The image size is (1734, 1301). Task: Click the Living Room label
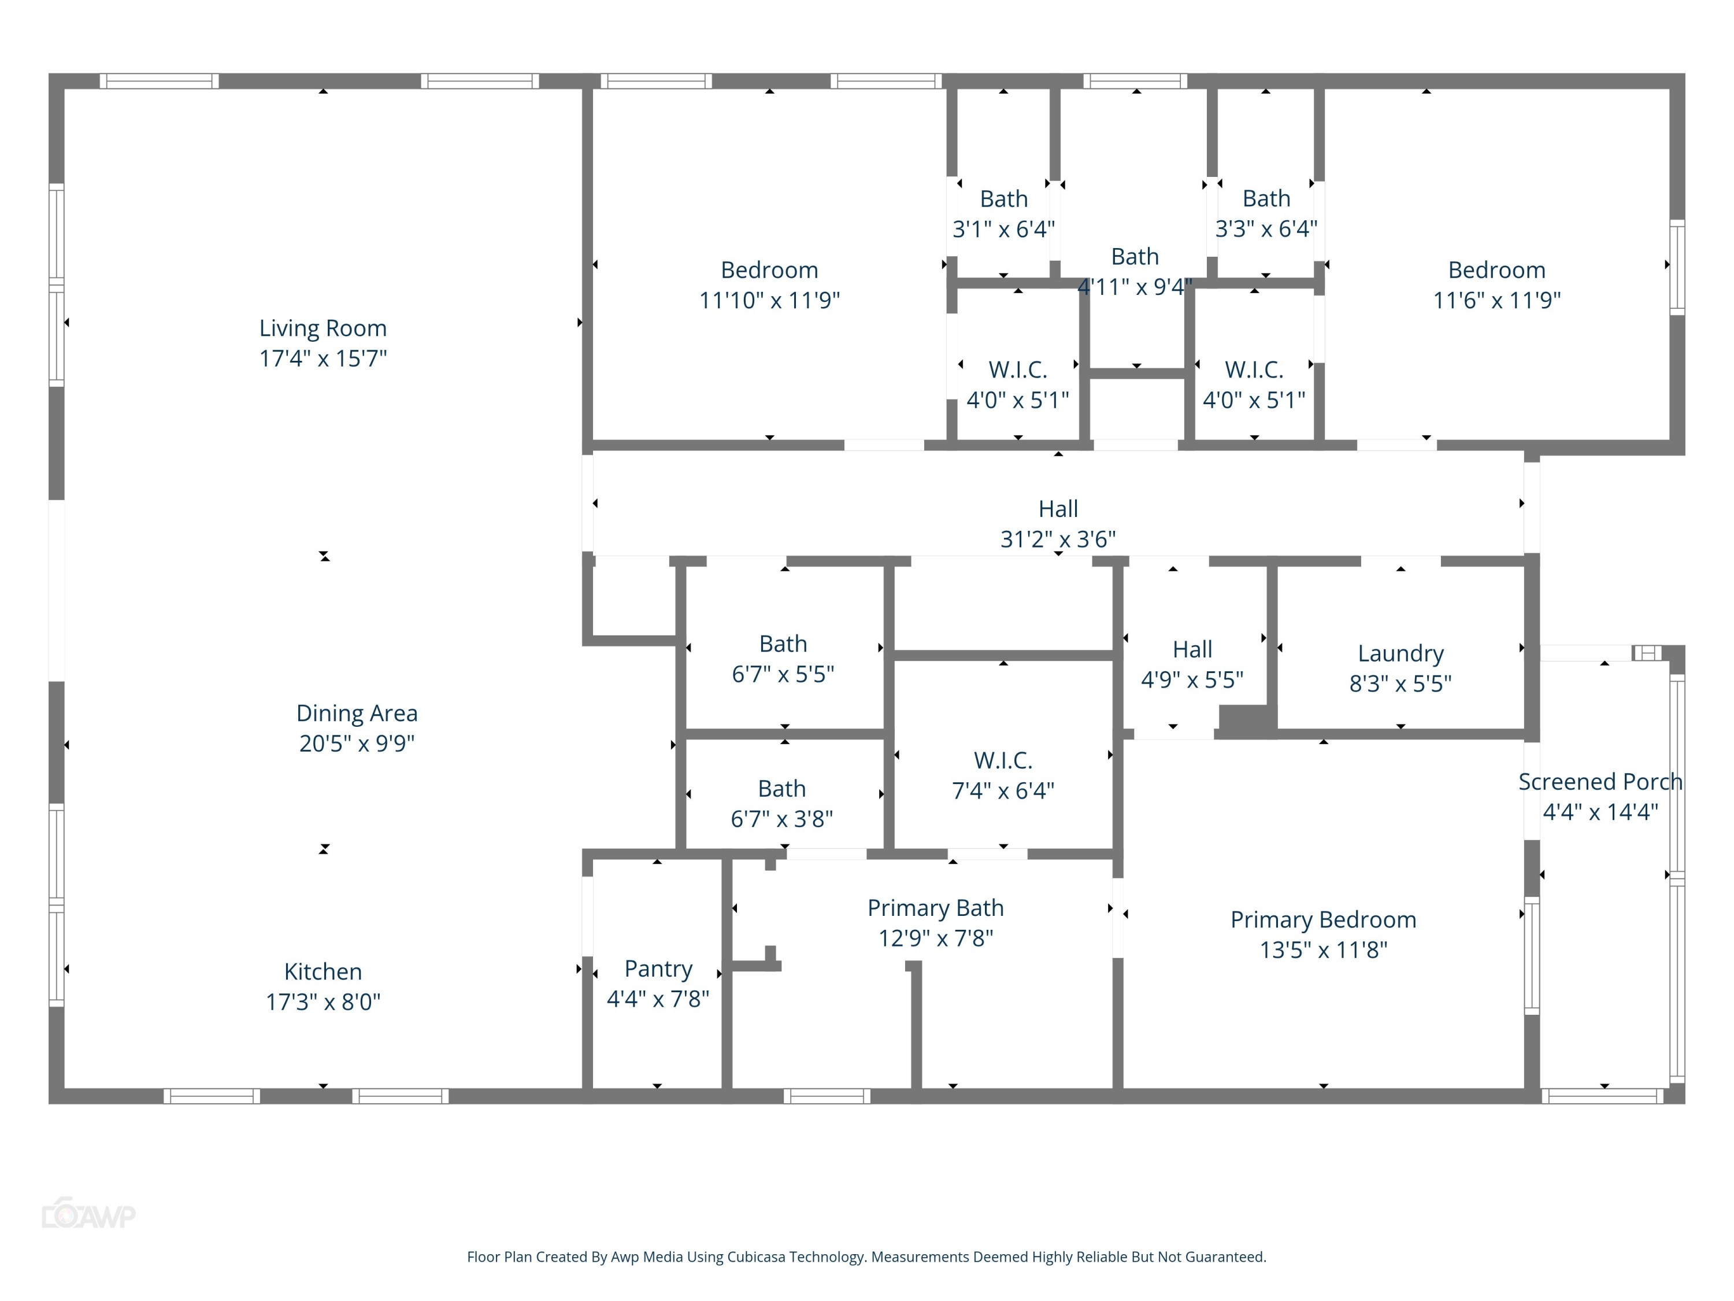[x=323, y=328]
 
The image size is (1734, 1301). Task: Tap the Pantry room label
[x=658, y=969]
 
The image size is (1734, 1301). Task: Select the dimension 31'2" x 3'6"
[x=1058, y=539]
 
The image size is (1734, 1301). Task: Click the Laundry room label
[x=1400, y=653]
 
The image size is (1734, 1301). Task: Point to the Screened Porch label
[x=1600, y=781]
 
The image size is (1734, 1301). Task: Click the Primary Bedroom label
[x=1323, y=919]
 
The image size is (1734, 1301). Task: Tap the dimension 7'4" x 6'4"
[x=1003, y=790]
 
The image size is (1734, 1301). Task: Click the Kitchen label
[x=323, y=971]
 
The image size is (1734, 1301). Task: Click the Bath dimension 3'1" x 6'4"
[x=1003, y=229]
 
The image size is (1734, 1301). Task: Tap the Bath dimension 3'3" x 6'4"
[x=1266, y=229]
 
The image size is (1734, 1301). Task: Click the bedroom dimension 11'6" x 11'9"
[x=1496, y=300]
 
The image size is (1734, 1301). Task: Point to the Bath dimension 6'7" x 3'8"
[x=781, y=819]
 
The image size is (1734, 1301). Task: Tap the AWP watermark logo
[x=88, y=1215]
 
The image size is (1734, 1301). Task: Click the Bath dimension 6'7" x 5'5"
[x=783, y=674]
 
